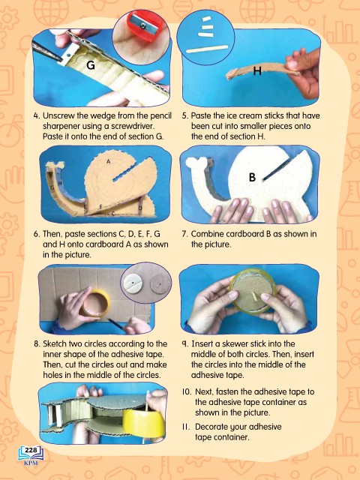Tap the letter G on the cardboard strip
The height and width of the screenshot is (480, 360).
[91, 65]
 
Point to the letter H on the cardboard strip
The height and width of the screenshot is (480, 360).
[257, 71]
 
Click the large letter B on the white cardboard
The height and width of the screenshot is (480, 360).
[252, 177]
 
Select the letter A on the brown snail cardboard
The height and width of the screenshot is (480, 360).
[108, 162]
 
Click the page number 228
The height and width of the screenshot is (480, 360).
[31, 450]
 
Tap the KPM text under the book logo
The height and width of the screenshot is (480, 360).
[31, 463]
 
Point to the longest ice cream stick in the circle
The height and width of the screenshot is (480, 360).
[208, 49]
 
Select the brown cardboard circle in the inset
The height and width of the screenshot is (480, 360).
[160, 284]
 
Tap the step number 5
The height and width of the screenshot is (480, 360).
[184, 116]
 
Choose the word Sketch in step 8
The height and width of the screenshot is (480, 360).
[55, 343]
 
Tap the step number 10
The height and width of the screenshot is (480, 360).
[187, 391]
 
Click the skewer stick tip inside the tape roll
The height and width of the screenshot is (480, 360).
[253, 294]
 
